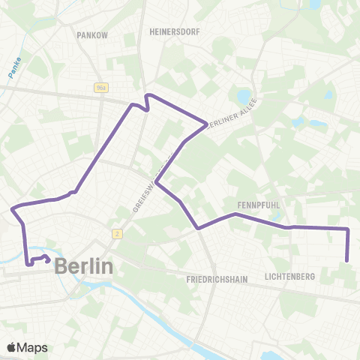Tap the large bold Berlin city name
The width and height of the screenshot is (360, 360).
tap(84, 266)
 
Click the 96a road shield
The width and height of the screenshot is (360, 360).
tap(102, 88)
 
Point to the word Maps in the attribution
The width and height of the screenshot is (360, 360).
tap(34, 347)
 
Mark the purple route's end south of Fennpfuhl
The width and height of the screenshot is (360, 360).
tap(347, 261)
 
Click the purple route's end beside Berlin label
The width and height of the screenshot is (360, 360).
tap(48, 260)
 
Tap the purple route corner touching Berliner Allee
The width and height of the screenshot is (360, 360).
tap(207, 123)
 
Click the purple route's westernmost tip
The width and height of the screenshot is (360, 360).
tap(11, 207)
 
